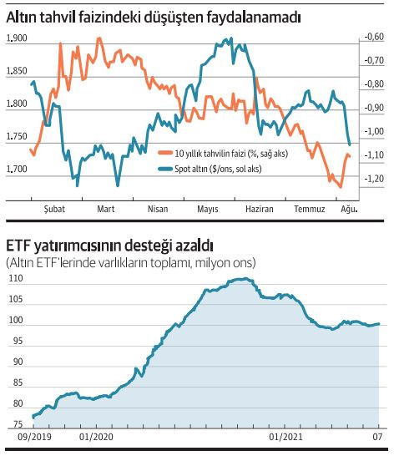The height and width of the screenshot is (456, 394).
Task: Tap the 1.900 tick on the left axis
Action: [16, 39]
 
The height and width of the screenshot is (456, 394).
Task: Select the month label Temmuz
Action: [308, 209]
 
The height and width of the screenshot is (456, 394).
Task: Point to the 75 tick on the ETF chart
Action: [15, 426]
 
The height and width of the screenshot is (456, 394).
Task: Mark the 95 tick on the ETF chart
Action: [15, 342]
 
